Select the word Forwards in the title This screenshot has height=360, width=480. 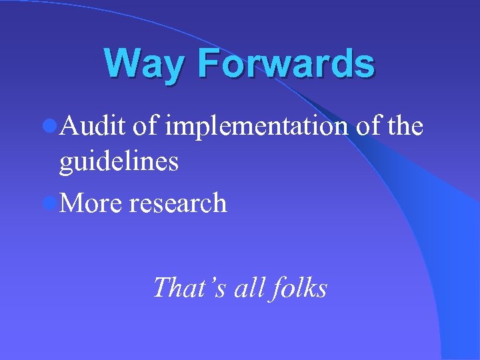click(285, 63)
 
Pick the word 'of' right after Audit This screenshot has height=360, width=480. click(145, 125)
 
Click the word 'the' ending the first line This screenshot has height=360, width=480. click(405, 125)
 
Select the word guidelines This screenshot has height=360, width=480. click(119, 162)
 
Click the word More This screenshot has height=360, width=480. click(91, 203)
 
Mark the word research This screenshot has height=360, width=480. click(178, 203)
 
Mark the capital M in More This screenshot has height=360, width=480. click(72, 203)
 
